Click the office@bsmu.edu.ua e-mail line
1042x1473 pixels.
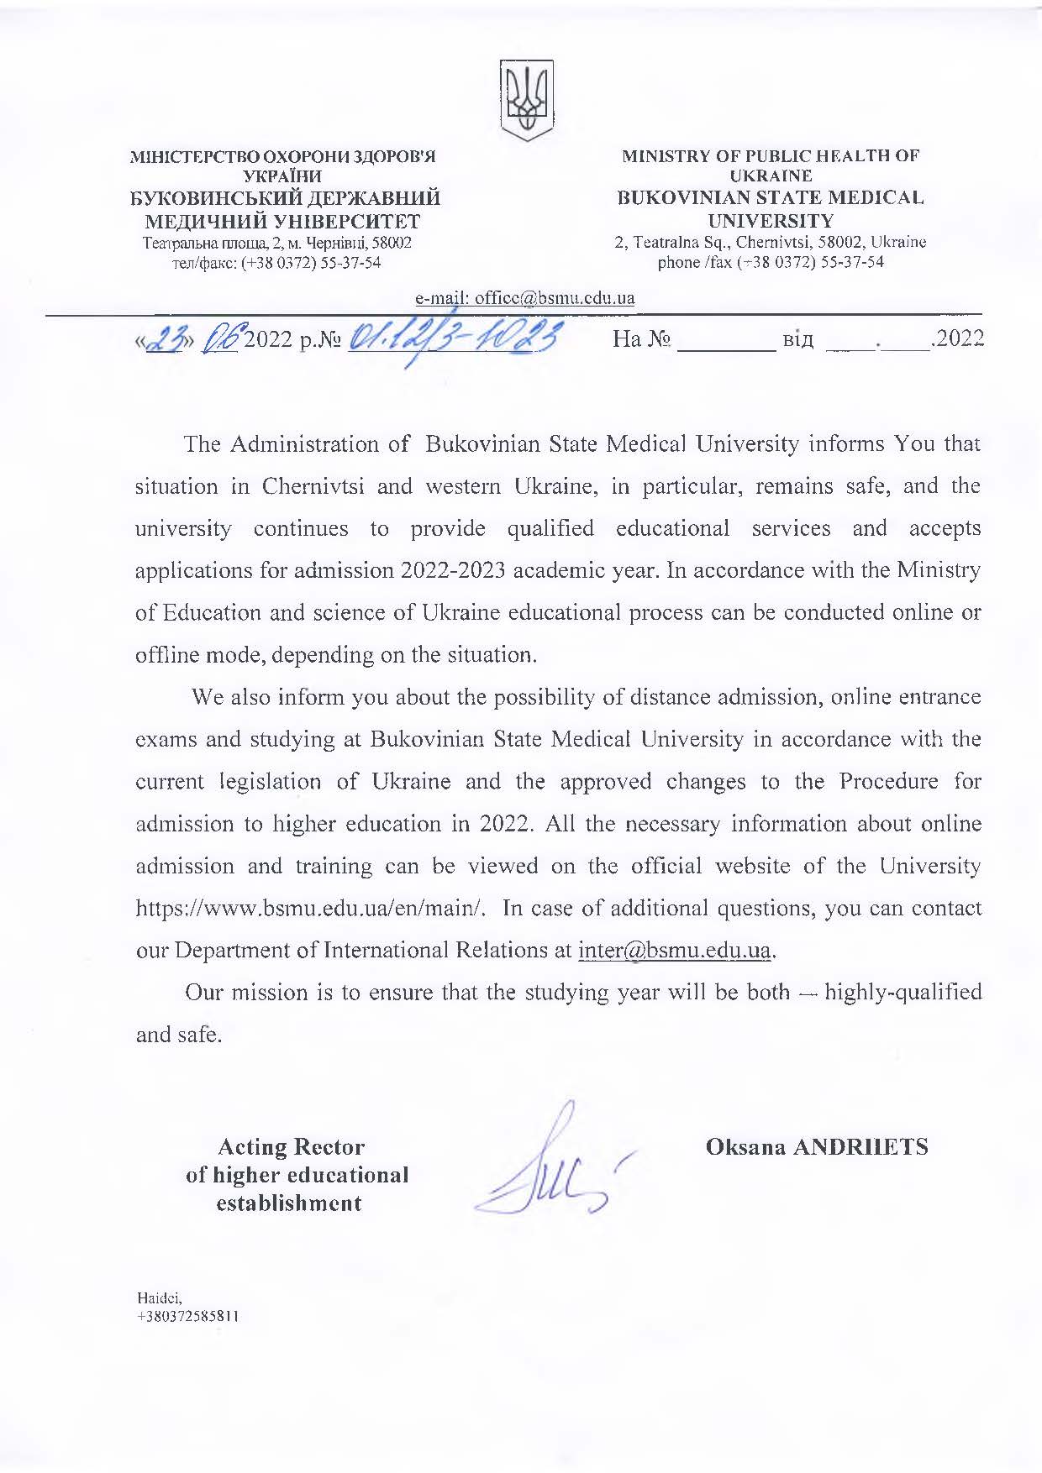[525, 298]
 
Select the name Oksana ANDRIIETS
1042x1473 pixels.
[817, 1146]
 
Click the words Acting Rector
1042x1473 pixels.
[291, 1146]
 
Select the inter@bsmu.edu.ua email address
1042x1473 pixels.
[675, 950]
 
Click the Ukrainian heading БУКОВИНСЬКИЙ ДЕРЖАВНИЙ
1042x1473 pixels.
[284, 199]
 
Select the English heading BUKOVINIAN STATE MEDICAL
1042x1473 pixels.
[771, 199]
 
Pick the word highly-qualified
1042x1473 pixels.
[903, 992]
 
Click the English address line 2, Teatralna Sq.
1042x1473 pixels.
[771, 242]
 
